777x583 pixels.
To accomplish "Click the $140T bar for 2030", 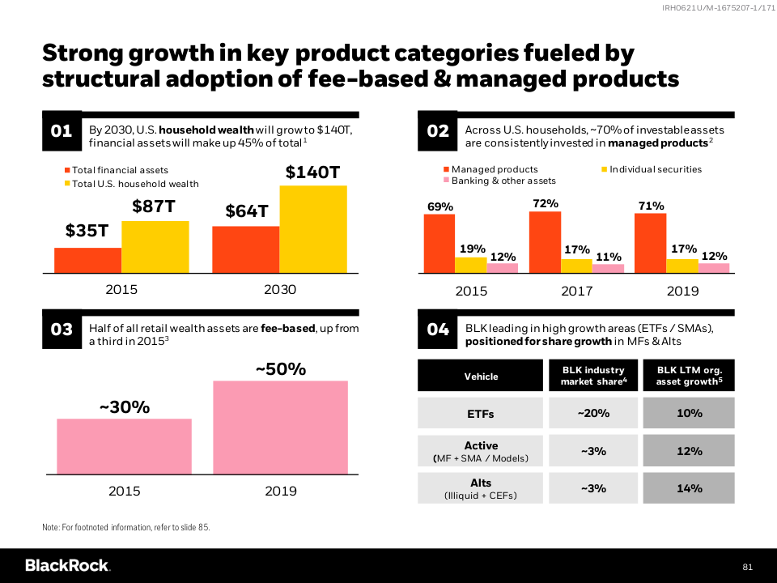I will (313, 229).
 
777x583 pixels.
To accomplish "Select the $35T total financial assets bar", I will (87, 260).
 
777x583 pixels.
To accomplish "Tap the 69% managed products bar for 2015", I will (439, 244).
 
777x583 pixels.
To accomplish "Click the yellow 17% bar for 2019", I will (682, 266).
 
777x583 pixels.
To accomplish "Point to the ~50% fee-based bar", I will (280, 428).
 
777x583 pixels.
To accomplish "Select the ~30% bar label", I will (124, 408).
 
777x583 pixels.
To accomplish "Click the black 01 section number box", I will (62, 130).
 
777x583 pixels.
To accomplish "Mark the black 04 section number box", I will (438, 330).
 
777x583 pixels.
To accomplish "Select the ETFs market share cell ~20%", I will (593, 413).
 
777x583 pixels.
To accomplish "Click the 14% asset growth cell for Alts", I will (689, 488).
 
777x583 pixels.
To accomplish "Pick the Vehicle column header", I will (481, 376).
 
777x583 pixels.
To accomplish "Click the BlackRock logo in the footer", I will (67, 565).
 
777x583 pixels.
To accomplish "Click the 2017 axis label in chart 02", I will (577, 291).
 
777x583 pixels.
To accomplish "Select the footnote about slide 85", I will (125, 528).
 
